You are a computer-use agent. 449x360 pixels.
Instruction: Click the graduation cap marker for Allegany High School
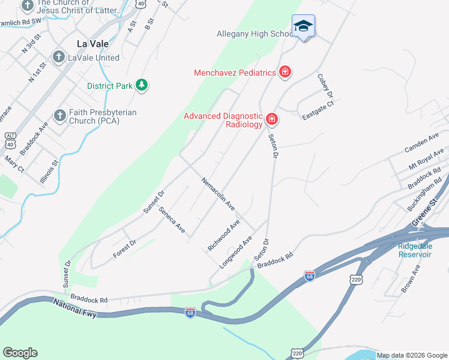[x=303, y=26]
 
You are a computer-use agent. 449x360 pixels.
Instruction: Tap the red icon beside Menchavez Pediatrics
[x=285, y=73]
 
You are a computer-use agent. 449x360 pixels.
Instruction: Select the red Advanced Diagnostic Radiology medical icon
[x=272, y=119]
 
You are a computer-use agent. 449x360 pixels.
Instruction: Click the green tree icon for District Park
[x=142, y=85]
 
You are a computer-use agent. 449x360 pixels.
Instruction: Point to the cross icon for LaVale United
[x=58, y=58]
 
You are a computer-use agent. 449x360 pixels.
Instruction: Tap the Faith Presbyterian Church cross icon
[x=59, y=115]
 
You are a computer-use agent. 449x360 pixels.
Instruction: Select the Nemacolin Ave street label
[x=218, y=194]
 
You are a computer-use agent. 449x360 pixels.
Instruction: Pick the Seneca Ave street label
[x=172, y=220]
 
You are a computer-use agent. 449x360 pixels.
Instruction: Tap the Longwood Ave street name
[x=236, y=252]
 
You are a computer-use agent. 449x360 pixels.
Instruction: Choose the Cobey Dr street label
[x=325, y=86]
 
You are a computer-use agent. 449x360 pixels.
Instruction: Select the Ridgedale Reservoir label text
[x=415, y=250]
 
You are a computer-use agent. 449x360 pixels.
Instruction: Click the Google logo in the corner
[x=20, y=353]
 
